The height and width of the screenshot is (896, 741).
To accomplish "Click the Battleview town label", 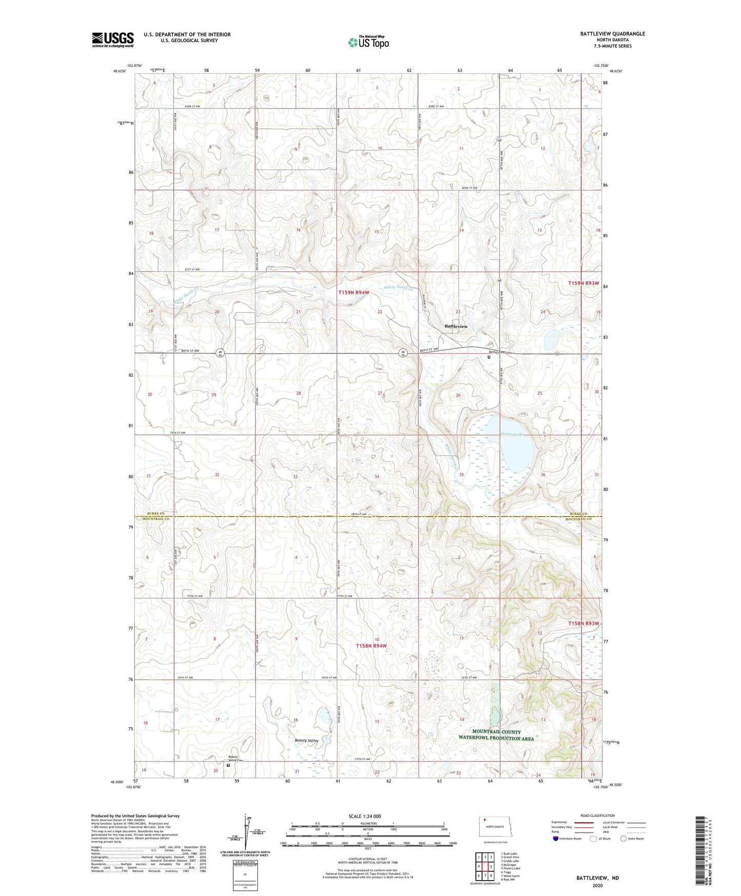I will point(456,326).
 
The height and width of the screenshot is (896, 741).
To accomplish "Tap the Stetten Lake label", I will point(512,435).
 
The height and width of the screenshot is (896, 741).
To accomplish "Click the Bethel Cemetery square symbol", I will point(489,357).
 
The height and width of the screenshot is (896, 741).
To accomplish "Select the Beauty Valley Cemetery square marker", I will point(228,765).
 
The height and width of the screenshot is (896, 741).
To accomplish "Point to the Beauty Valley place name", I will point(306,741).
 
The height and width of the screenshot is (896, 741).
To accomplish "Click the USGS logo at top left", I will point(113,40).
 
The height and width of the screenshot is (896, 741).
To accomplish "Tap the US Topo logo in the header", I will point(368,42).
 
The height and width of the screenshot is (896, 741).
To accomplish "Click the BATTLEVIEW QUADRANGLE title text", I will point(612,34).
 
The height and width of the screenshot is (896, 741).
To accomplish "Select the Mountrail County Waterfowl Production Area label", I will point(496,735).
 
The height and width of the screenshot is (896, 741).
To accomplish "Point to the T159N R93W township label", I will point(583,283).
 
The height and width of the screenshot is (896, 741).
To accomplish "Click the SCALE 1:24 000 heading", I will point(365,816).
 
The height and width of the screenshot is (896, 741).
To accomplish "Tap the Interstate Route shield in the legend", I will point(556,839).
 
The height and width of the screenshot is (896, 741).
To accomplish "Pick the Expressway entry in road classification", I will point(560,822).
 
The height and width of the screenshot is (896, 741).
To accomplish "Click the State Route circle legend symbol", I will point(624,839).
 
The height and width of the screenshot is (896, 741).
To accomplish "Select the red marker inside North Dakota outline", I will point(485,820).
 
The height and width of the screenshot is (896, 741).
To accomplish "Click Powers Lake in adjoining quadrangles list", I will point(511,868).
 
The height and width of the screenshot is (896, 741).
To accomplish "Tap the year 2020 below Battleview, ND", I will point(597,885).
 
